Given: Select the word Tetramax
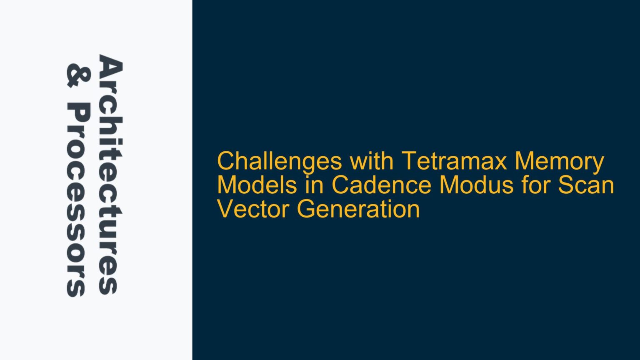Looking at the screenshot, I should pos(454,162).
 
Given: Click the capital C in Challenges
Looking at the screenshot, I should pos(225,162).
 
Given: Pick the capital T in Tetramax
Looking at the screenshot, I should pos(408,162).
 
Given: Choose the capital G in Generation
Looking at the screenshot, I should pos(306,209).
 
